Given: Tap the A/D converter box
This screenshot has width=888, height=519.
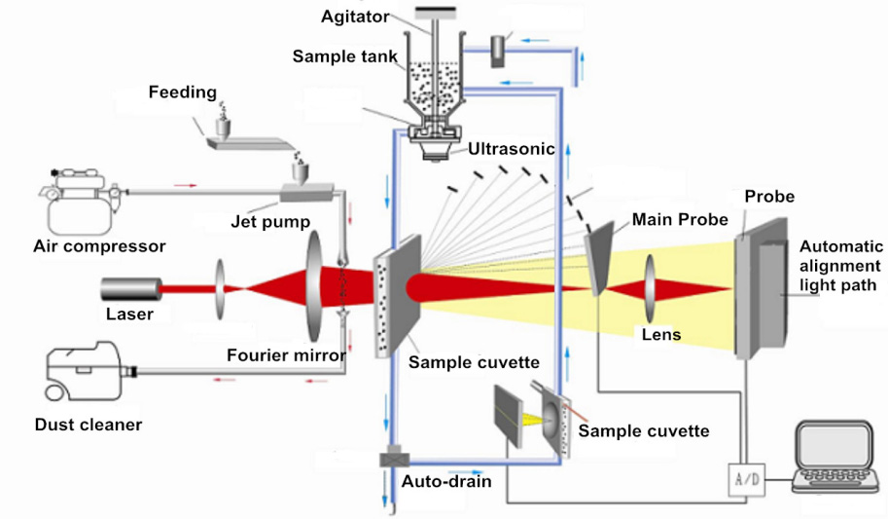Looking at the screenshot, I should coord(746,477).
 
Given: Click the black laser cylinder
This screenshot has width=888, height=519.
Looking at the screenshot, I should coord(131,288).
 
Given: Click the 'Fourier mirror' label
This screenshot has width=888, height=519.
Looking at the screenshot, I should coord(287,355).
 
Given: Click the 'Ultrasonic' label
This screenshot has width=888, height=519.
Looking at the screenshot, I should coord(512,150).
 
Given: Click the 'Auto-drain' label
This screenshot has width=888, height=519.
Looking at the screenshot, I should coord(446,481).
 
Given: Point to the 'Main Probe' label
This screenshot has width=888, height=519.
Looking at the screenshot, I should coord(680,219).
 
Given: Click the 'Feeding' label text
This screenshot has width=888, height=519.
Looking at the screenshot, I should coord(183,93).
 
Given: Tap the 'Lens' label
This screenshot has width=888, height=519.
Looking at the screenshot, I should coord(661,335).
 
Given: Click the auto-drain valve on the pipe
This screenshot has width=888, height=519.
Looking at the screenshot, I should coord(394,459).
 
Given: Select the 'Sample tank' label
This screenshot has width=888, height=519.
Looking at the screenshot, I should coord(345,56).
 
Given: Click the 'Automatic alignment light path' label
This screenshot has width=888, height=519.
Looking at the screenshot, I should coord(841,265).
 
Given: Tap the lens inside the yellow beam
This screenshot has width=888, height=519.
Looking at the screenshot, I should coord(647,289).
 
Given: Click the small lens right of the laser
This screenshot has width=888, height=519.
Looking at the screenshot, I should coord(224,288).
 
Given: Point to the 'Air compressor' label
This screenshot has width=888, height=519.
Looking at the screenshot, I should coord(100,246).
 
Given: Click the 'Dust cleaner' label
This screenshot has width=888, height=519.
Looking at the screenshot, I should coord(89,425).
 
